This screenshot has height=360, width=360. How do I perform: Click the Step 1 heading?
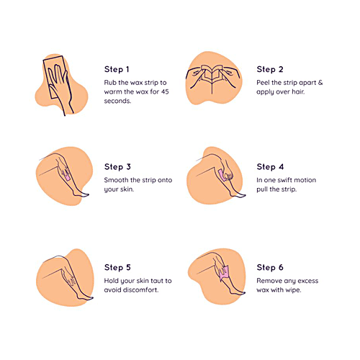point(117,70)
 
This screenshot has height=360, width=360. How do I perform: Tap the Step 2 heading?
point(269,70)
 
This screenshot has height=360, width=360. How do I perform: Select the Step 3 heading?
point(117,166)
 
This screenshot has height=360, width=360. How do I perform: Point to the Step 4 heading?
point(269,166)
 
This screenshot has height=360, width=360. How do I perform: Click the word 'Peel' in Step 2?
point(265,84)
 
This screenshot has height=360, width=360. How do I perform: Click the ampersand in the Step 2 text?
point(320,84)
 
